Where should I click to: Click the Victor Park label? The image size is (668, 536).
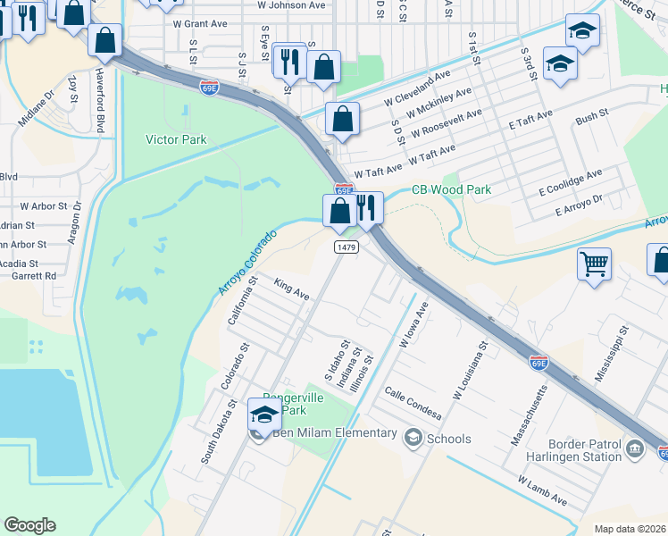click(176, 139)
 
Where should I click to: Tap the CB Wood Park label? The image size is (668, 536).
click(451, 190)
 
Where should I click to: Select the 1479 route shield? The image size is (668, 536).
click(346, 247)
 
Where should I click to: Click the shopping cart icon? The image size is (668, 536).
click(594, 264)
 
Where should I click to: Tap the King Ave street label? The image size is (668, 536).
click(291, 289)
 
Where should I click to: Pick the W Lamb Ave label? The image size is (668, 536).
click(542, 490)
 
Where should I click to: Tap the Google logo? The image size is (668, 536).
click(29, 525)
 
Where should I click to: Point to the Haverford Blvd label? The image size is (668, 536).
click(100, 104)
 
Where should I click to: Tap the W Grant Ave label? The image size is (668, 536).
click(202, 23)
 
